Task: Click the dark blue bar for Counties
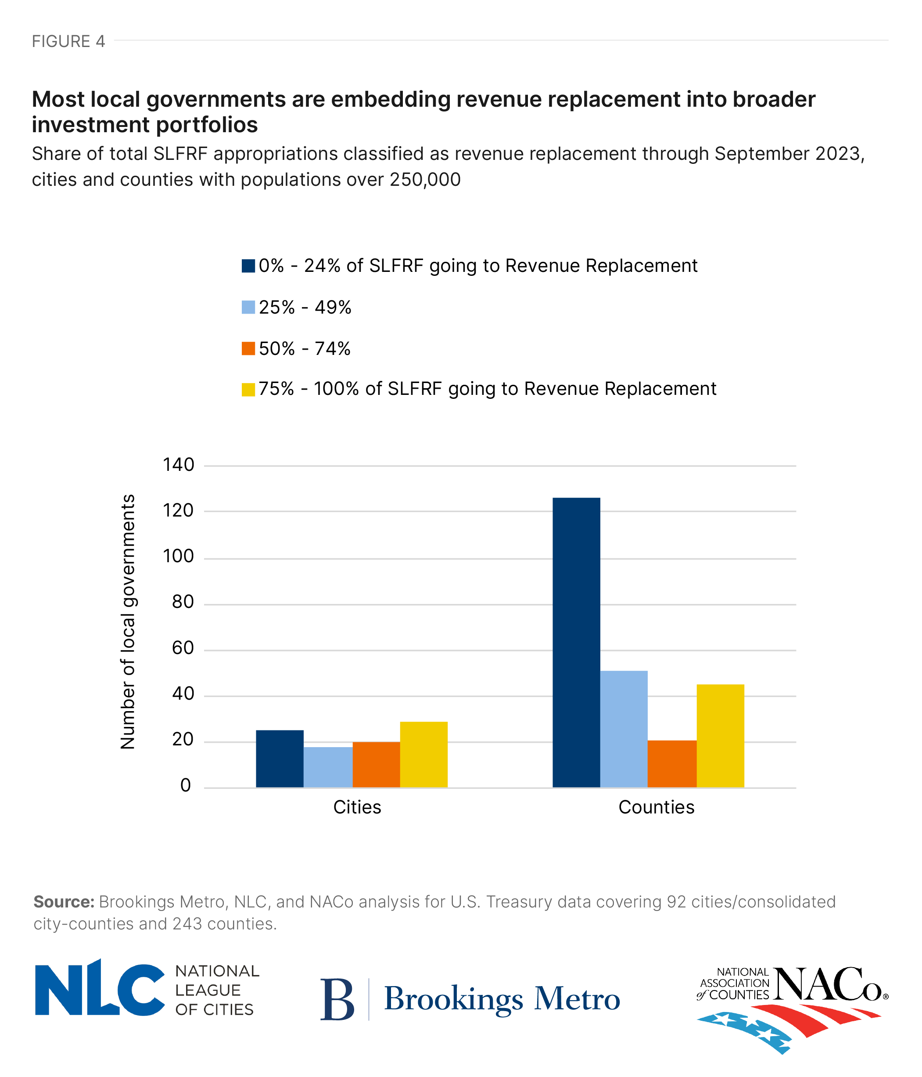(x=576, y=643)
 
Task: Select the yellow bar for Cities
(x=423, y=754)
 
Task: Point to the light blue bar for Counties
(x=624, y=729)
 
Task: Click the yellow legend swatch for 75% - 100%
(x=248, y=389)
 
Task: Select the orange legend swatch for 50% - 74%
(x=248, y=349)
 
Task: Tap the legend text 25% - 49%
(x=305, y=308)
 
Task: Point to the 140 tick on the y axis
(x=178, y=465)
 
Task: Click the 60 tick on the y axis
(x=183, y=648)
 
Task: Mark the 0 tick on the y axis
(x=186, y=785)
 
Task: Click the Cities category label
(x=357, y=807)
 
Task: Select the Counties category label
(x=656, y=807)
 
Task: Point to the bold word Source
(x=63, y=902)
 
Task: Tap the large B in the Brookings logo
(x=337, y=999)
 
